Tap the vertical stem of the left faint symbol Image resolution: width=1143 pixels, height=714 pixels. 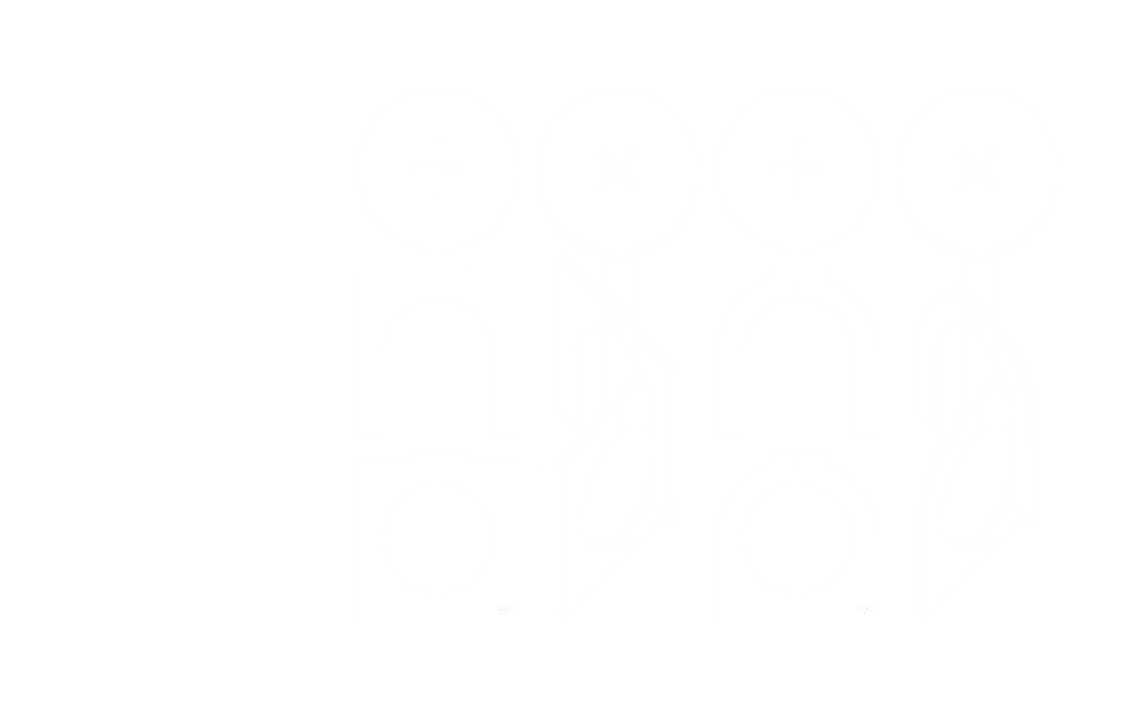(x=502, y=612)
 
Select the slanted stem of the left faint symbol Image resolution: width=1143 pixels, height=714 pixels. (x=506, y=611)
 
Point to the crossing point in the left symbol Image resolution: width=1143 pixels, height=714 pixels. (x=508, y=608)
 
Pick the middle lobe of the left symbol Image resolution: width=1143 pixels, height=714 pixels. (x=504, y=607)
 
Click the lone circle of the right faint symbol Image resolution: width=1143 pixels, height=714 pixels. (x=872, y=607)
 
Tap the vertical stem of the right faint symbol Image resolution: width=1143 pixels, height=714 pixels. (x=861, y=612)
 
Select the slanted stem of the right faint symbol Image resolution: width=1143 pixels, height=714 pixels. (x=866, y=612)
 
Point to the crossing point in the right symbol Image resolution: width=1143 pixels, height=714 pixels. (x=867, y=608)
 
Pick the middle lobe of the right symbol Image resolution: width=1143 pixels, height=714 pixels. (x=864, y=607)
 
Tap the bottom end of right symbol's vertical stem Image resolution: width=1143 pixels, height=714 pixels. (x=861, y=614)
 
